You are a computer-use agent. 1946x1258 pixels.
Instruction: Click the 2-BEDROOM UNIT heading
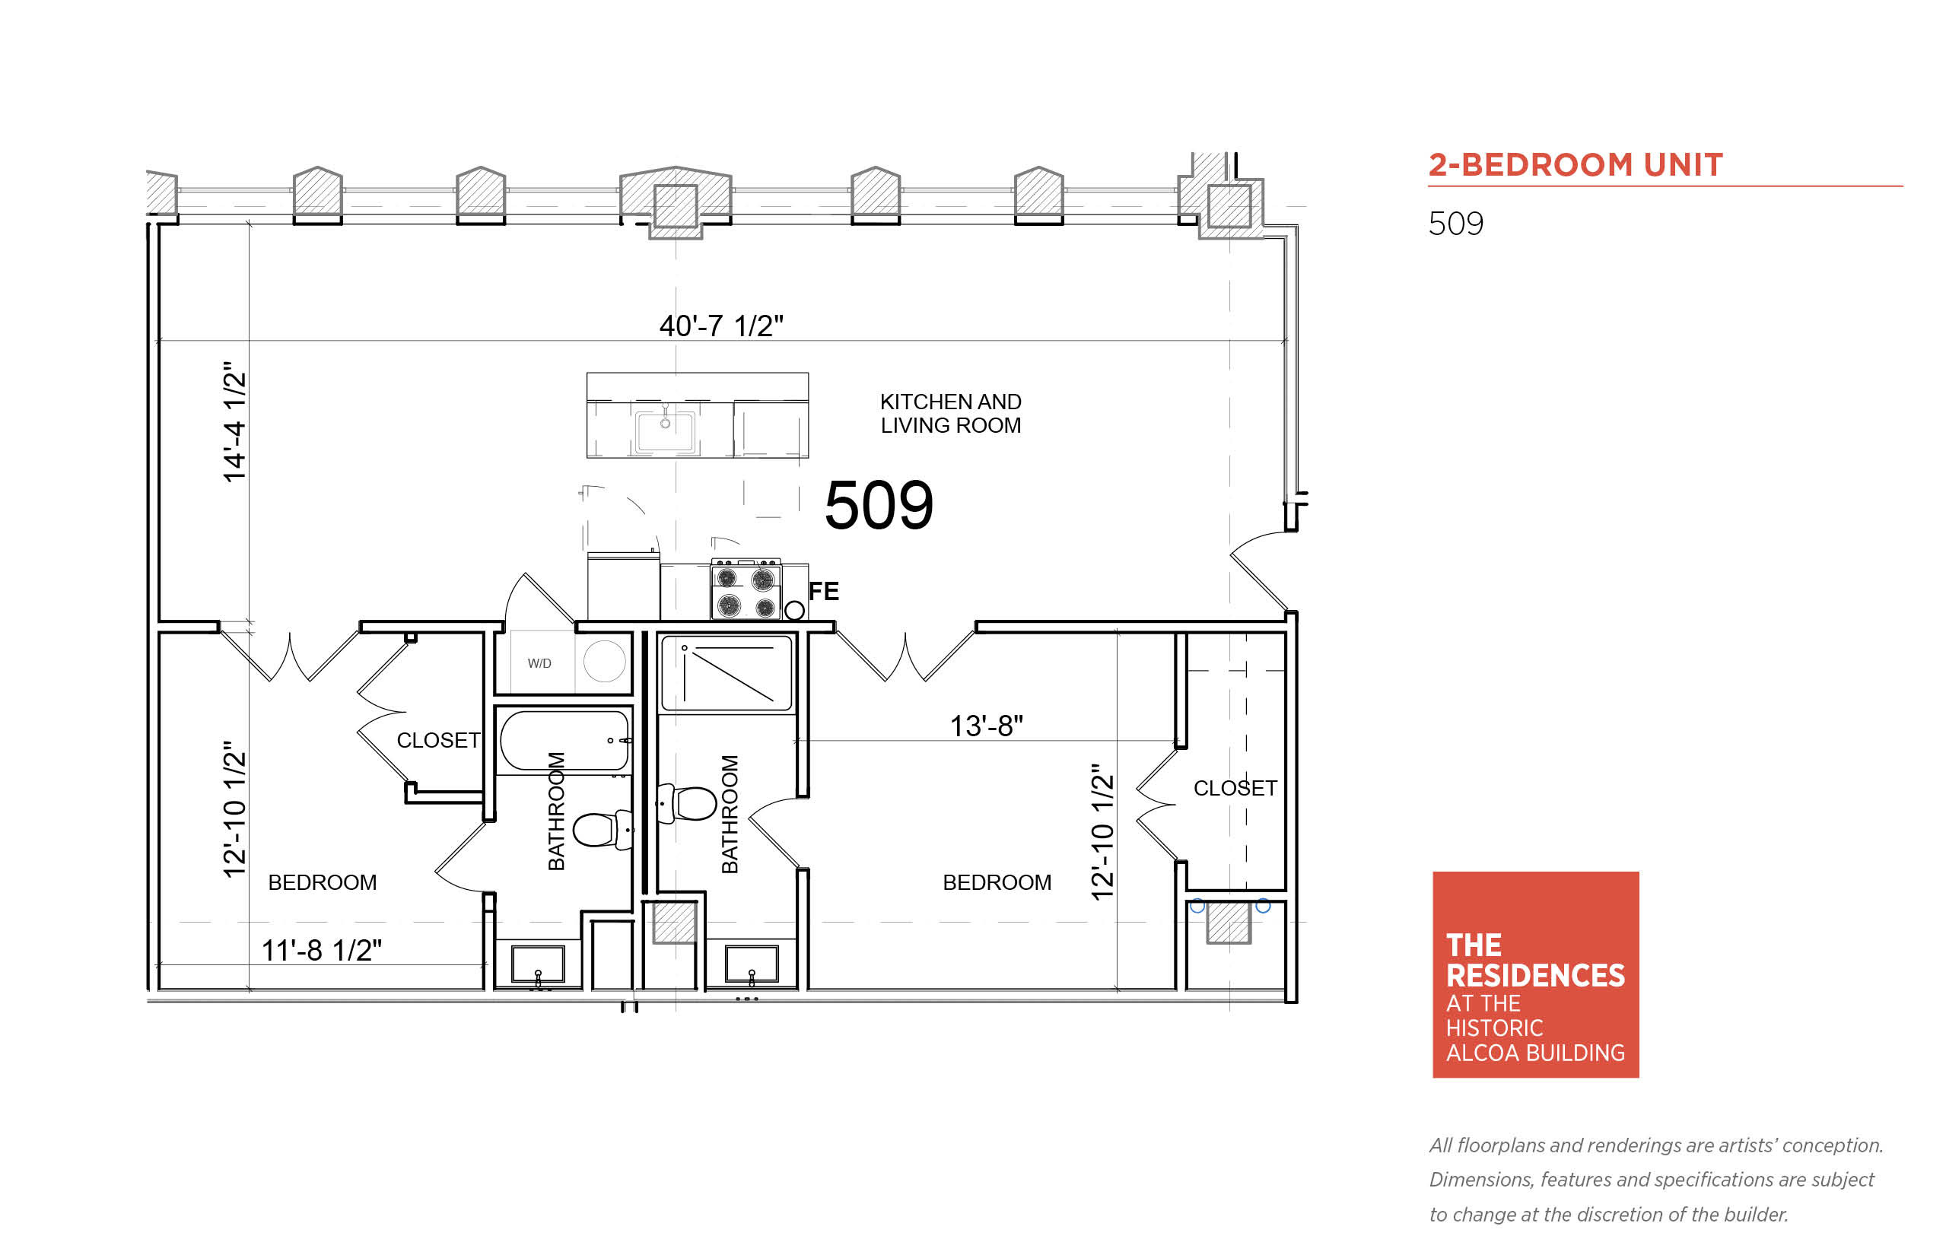pyautogui.click(x=1574, y=165)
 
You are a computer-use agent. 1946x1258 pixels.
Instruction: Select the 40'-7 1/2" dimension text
pyautogui.click(x=720, y=326)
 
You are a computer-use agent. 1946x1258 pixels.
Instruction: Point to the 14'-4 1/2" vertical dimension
pyautogui.click(x=234, y=421)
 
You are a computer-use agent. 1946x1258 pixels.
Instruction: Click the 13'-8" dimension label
pyautogui.click(x=985, y=726)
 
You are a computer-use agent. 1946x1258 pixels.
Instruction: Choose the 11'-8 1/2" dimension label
pyautogui.click(x=321, y=950)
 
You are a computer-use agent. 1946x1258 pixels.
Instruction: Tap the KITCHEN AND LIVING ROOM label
pyautogui.click(x=950, y=413)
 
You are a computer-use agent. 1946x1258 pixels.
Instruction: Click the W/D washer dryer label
pyautogui.click(x=539, y=663)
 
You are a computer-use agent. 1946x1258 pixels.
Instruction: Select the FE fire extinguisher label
pyautogui.click(x=823, y=592)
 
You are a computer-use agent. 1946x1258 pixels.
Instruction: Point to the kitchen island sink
pyautogui.click(x=665, y=430)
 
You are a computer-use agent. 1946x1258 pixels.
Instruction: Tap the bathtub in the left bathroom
pyautogui.click(x=564, y=741)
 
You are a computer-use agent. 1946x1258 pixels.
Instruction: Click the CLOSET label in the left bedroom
pyautogui.click(x=438, y=741)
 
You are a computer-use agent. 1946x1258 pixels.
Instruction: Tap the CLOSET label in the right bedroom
pyautogui.click(x=1235, y=788)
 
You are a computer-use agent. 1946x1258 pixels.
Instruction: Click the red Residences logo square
pyautogui.click(x=1535, y=974)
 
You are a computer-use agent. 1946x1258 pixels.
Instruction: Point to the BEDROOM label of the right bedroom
pyautogui.click(x=997, y=882)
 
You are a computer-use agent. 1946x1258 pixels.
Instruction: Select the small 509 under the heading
pyautogui.click(x=1455, y=224)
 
